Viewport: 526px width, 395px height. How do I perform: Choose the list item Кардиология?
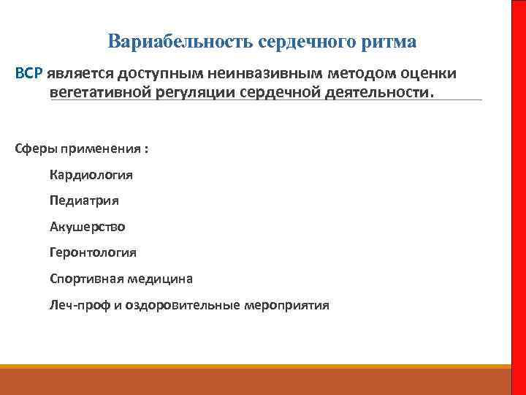[x=91, y=175]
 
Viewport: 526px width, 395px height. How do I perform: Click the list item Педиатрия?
[x=84, y=200]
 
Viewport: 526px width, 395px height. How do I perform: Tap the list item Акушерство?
[x=87, y=227]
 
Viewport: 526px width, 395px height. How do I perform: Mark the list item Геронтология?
[x=93, y=252]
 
